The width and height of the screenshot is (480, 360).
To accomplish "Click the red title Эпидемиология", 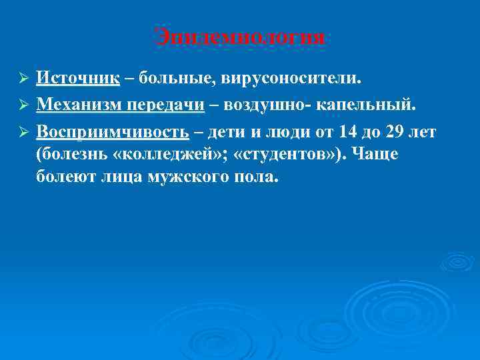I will click(240, 37).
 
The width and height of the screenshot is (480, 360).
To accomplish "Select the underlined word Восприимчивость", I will click(113, 131).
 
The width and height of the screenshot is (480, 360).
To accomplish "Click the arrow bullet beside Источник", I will click(22, 79).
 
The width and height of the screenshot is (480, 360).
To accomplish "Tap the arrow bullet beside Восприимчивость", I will click(22, 132).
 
